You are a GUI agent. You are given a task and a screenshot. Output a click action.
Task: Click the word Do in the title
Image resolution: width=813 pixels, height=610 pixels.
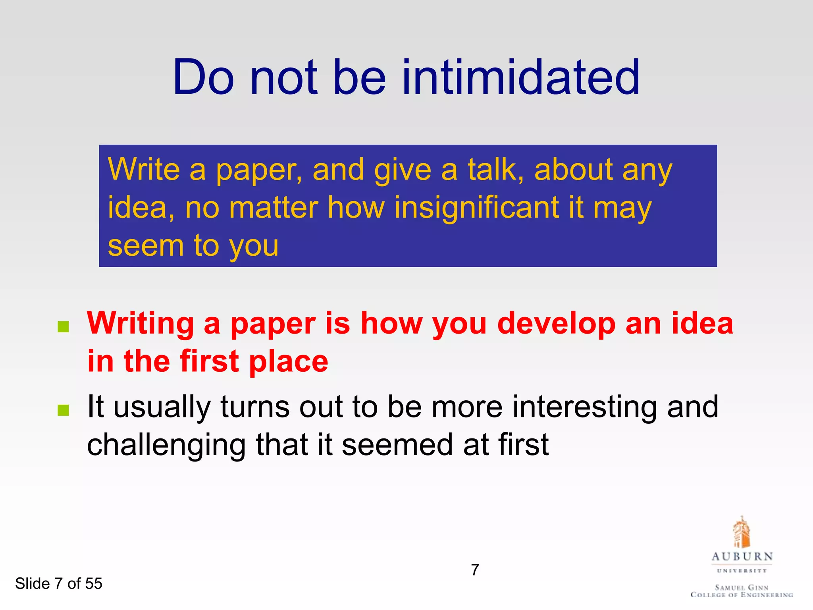coord(203,77)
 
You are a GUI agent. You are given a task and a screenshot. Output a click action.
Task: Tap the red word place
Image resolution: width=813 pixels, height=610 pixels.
coord(289,361)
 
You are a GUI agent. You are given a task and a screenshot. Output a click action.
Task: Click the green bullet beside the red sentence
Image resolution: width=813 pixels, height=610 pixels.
coord(64,327)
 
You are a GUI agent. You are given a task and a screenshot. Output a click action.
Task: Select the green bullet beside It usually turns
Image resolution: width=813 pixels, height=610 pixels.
coord(64,410)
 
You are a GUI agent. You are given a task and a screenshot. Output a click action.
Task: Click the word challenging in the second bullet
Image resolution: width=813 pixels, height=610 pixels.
coord(166,446)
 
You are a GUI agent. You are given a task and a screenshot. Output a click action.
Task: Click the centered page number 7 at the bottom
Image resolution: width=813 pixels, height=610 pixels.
coord(475,570)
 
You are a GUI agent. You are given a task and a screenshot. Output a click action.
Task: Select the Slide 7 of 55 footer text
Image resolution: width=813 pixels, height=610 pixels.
coord(59,583)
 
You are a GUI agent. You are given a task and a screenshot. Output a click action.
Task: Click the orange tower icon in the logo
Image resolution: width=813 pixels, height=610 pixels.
coord(741,532)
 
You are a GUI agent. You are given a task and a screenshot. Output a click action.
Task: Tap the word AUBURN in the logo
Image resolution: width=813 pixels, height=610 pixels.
coord(742,557)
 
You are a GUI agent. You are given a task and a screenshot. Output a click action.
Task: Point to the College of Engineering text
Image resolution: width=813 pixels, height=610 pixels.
coord(742,595)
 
